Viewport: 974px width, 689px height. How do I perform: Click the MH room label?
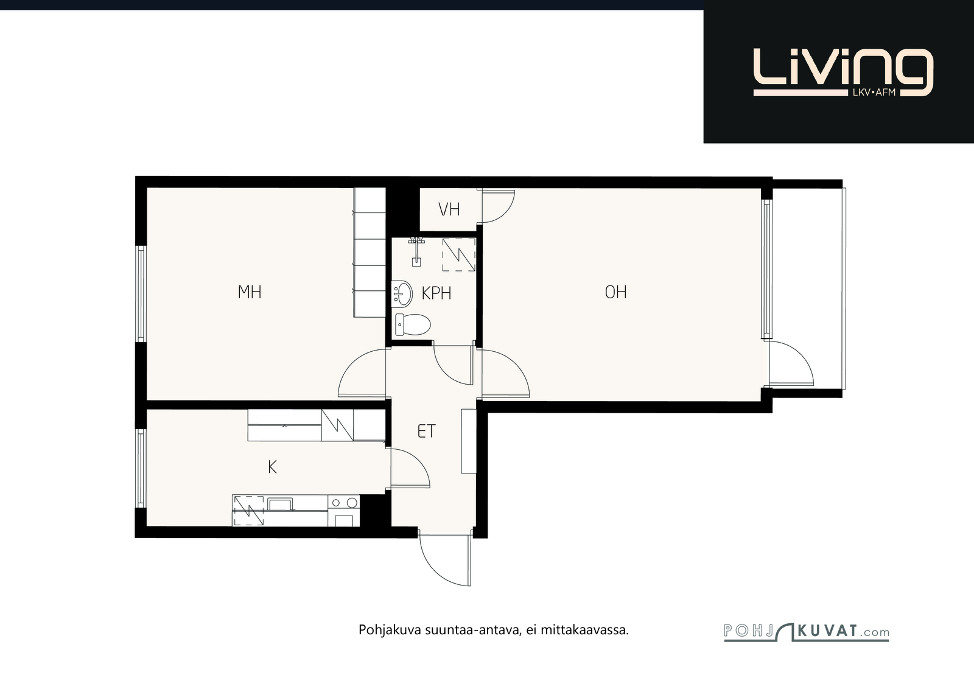(x=250, y=292)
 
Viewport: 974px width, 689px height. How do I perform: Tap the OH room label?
(x=615, y=292)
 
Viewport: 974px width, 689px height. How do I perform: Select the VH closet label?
(x=449, y=209)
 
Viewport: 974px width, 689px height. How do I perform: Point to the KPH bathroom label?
(x=436, y=293)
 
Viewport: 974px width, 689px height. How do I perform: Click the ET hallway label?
(x=427, y=431)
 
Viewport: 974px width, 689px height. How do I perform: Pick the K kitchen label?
(x=272, y=467)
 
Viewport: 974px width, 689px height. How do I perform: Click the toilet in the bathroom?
(x=413, y=324)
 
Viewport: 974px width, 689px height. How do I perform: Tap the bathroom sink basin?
(x=402, y=294)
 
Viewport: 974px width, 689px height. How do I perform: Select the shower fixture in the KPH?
(x=416, y=252)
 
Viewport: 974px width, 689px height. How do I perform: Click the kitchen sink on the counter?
(x=281, y=504)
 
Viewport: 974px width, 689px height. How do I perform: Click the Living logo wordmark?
(x=843, y=72)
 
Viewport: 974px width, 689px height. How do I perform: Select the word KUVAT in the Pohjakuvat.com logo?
(x=828, y=631)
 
